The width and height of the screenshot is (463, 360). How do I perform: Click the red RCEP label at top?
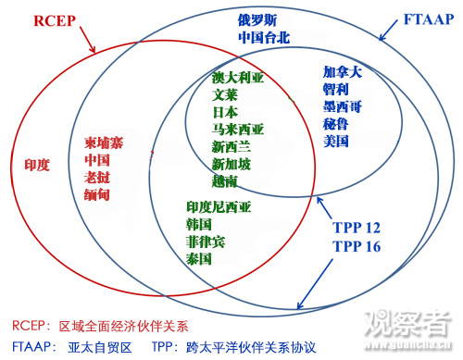tap(55, 20)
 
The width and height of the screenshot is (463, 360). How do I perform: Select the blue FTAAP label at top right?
tap(429, 19)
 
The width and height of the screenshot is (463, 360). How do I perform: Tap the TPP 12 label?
tap(357, 228)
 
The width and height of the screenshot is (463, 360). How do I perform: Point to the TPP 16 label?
tap(357, 246)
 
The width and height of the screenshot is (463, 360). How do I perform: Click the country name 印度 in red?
tap(37, 165)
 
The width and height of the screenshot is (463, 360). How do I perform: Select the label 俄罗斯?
tap(257, 20)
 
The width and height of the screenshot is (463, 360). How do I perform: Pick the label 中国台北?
tap(264, 38)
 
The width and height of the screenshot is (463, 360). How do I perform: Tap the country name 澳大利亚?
tap(238, 77)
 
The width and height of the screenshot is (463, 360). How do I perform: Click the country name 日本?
tap(225, 112)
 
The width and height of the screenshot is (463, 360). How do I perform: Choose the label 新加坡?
tap(231, 164)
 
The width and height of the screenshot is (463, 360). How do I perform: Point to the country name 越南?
tap(225, 181)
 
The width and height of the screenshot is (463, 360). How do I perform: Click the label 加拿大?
tap(343, 72)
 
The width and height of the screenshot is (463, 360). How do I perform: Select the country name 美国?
tap(336, 142)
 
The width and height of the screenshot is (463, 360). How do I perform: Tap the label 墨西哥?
tap(343, 106)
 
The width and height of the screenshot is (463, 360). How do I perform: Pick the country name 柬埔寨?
tap(104, 143)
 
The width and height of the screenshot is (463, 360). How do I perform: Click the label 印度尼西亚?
tap(219, 207)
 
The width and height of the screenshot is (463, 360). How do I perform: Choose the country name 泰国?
tap(199, 259)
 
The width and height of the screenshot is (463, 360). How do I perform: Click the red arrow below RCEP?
tap(88, 40)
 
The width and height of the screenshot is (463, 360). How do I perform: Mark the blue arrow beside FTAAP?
tap(389, 31)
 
